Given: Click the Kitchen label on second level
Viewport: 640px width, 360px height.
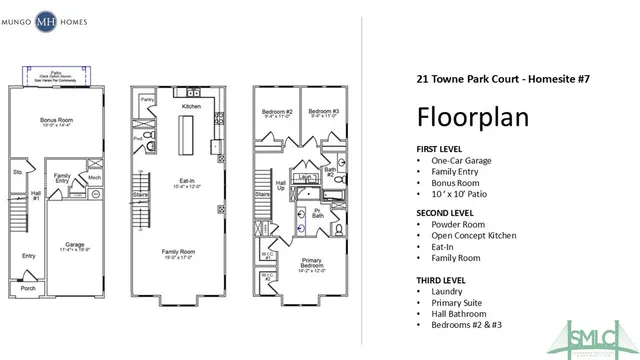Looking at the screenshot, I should coord(192,105).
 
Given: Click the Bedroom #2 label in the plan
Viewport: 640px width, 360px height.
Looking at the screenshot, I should coord(277,110).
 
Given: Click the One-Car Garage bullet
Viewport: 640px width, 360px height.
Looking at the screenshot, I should coord(466,161).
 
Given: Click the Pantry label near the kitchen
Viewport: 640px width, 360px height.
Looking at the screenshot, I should coord(147,100).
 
